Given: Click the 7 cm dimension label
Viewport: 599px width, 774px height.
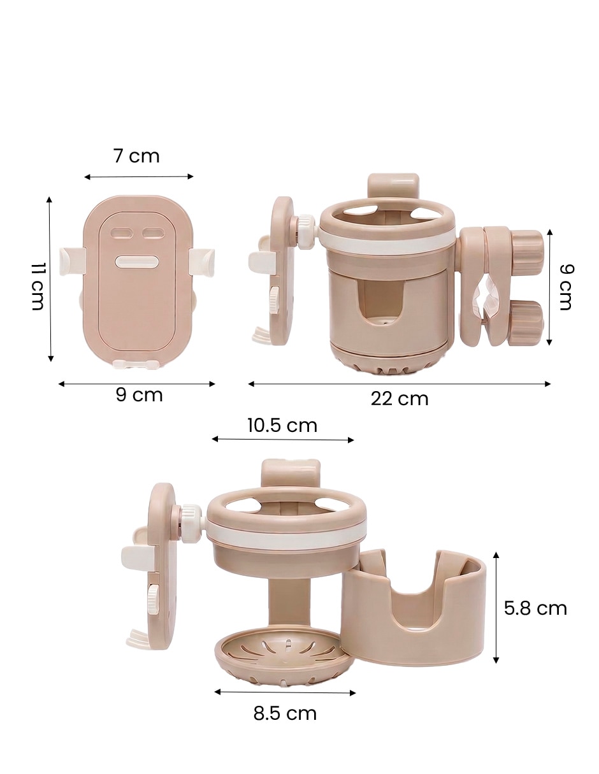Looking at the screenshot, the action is [137, 156].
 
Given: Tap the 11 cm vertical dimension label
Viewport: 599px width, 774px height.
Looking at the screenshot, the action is [37, 287].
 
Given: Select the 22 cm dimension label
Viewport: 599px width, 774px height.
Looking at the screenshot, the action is [399, 399].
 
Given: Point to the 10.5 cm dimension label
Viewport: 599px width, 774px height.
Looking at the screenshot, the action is [282, 426].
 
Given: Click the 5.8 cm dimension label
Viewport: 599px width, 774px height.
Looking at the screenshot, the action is [535, 609].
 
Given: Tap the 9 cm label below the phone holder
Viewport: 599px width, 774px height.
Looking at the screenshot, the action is [140, 395].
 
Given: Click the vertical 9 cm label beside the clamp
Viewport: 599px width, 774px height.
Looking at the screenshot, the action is [565, 287].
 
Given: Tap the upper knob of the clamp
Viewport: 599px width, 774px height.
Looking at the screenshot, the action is [528, 250].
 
